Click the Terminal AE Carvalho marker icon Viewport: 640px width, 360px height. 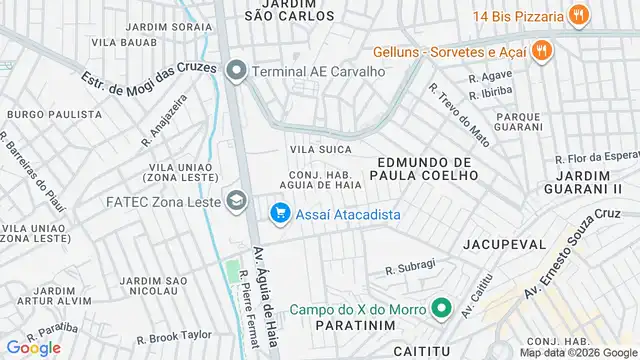point(237,71)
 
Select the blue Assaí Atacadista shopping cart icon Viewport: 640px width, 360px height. point(279,214)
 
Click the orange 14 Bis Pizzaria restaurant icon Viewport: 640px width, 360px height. point(577,15)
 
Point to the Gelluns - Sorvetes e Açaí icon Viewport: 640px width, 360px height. point(541,50)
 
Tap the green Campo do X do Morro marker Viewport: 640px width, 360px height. point(440,308)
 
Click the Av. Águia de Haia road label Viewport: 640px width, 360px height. point(265,298)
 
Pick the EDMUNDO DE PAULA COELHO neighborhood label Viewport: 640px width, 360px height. point(423,170)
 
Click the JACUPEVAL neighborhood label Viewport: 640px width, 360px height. point(505,244)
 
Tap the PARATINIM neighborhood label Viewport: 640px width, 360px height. point(351,326)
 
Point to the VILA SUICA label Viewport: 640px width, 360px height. point(321,149)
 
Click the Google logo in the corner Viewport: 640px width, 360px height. point(33,347)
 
